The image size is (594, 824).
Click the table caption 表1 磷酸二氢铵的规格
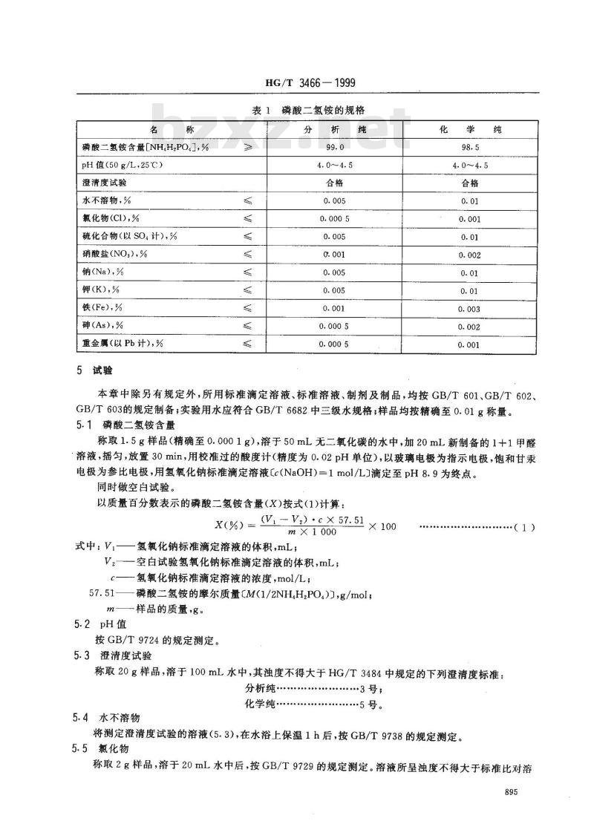coord(296,111)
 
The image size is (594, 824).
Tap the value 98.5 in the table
coord(469,147)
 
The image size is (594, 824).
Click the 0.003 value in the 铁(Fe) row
coord(469,308)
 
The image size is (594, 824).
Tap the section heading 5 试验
coord(92,370)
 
